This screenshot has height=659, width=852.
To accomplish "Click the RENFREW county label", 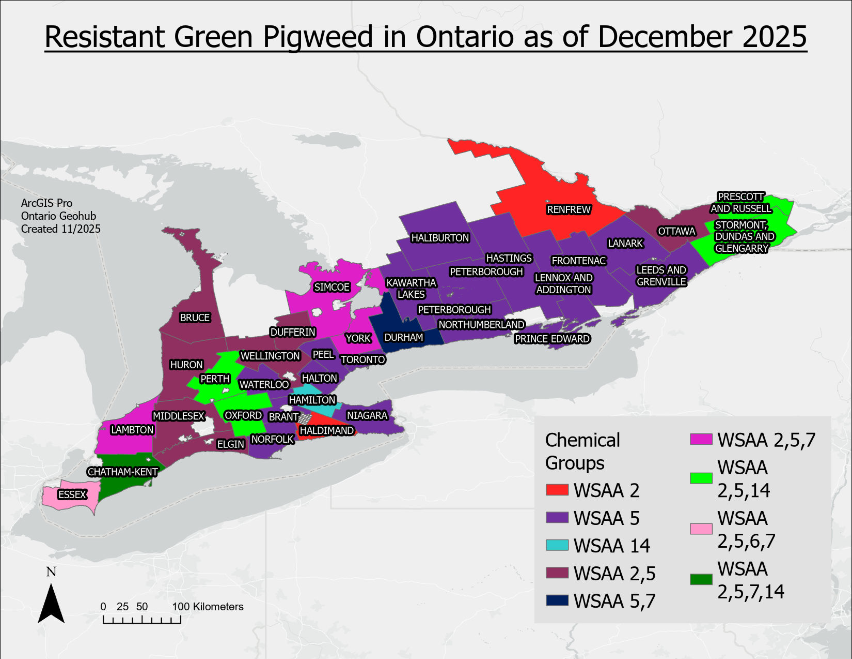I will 568,210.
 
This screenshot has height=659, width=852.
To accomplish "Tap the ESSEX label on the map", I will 72,495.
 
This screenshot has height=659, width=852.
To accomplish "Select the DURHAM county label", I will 403,337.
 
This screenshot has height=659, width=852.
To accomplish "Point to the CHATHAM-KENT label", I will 123,472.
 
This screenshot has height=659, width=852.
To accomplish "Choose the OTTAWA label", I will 676,231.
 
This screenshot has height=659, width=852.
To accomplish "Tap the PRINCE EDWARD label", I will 552,339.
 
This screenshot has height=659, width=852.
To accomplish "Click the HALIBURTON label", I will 440,238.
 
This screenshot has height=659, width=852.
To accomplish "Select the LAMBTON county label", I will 132,430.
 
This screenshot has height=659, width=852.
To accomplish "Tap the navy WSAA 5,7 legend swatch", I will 557,600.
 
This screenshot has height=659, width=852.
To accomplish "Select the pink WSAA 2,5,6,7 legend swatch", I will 701,529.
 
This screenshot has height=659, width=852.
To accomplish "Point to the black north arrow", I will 51,603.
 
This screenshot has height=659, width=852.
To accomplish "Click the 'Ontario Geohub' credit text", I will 58,216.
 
